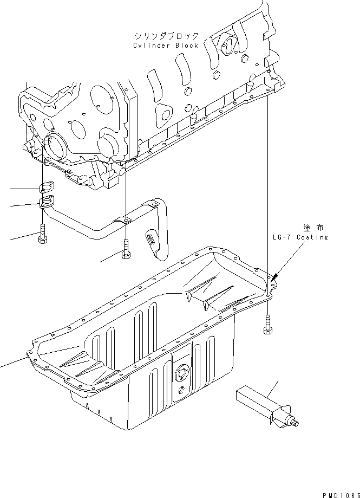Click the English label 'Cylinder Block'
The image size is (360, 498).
(x=166, y=46)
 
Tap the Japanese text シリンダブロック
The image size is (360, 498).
(x=167, y=36)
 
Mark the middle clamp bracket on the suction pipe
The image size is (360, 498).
(x=123, y=219)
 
